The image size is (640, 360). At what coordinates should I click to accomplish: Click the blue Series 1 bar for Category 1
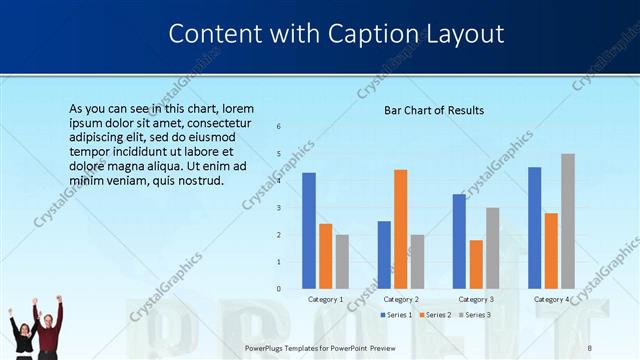pyautogui.click(x=309, y=230)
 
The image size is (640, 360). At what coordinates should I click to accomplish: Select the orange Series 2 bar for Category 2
pyautogui.click(x=401, y=229)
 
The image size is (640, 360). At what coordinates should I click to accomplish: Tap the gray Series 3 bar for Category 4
pyautogui.click(x=568, y=221)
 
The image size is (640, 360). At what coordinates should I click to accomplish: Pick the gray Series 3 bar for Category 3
pyautogui.click(x=493, y=248)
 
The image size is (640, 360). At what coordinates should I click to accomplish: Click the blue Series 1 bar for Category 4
pyautogui.click(x=535, y=228)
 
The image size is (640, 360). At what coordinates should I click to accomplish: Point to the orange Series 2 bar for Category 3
pyautogui.click(x=476, y=264)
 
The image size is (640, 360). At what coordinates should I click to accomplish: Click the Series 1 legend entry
pyautogui.click(x=396, y=315)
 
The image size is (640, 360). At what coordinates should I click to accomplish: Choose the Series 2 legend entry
pyautogui.click(x=435, y=315)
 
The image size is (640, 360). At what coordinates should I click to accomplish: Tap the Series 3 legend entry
pyautogui.click(x=474, y=315)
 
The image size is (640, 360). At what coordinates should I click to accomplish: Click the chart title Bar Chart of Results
pyautogui.click(x=434, y=110)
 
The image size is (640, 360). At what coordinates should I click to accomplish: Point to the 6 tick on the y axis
pyautogui.click(x=278, y=126)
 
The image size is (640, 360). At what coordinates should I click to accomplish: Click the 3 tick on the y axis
pyautogui.click(x=278, y=207)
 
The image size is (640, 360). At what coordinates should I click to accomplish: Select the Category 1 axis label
pyautogui.click(x=326, y=299)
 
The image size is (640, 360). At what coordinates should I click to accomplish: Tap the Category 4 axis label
pyautogui.click(x=551, y=299)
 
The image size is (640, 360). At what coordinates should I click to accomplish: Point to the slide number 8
pyautogui.click(x=589, y=347)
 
